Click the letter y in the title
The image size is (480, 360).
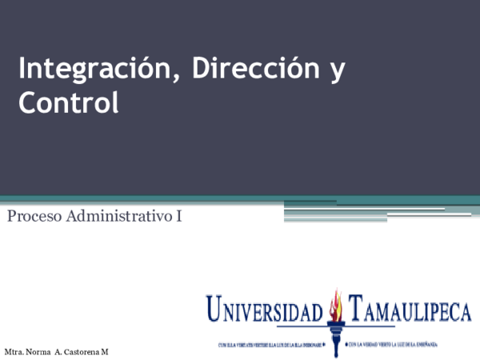(337, 73)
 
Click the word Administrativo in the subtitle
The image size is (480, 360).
(119, 216)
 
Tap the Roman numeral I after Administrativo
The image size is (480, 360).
(178, 216)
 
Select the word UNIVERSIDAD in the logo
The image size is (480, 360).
(264, 309)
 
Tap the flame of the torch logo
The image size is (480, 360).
(337, 302)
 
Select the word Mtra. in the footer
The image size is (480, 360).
(14, 352)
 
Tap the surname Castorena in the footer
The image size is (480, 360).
(82, 352)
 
